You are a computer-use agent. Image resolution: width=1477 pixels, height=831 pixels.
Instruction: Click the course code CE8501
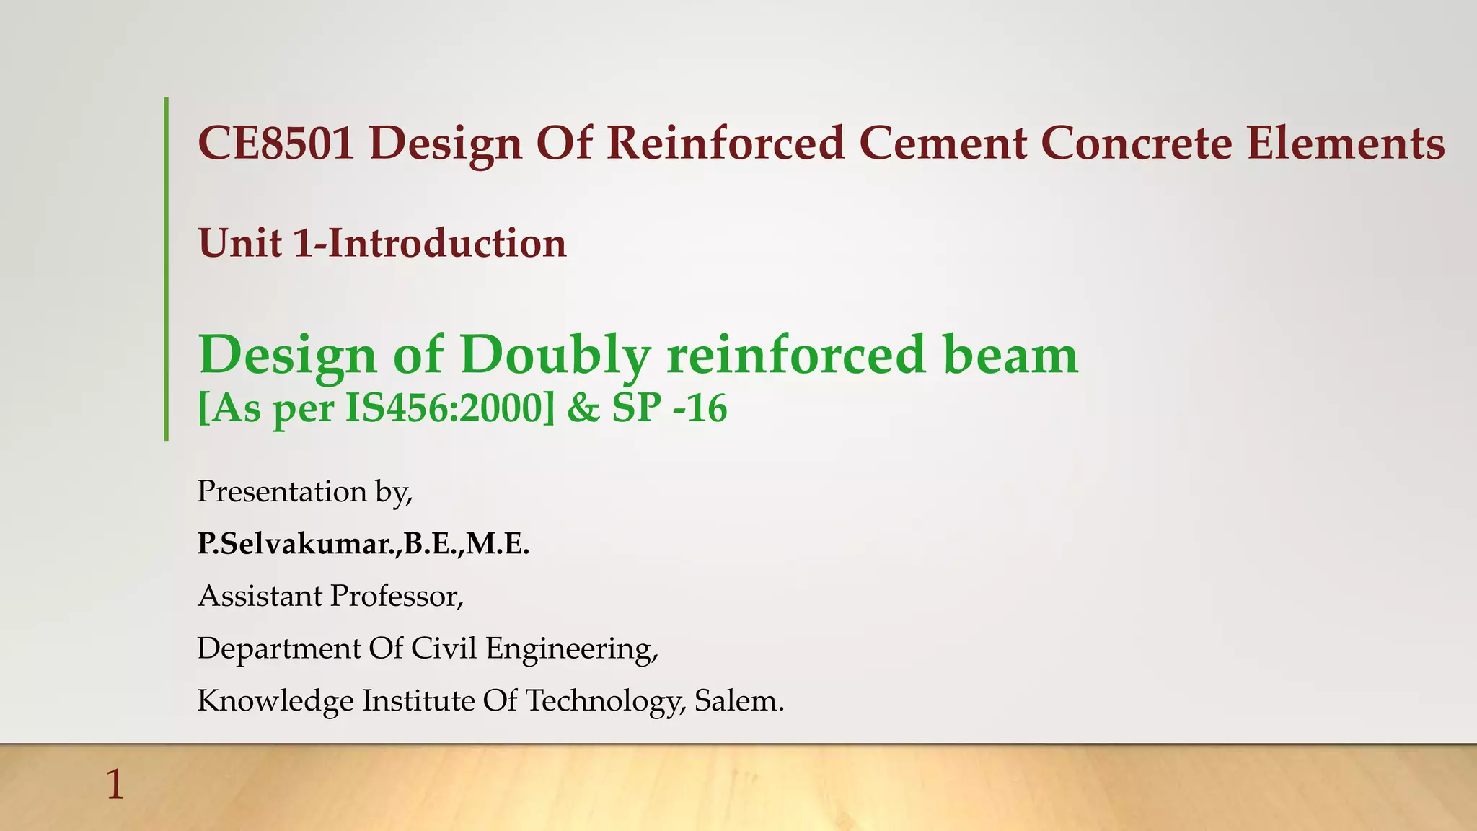click(275, 143)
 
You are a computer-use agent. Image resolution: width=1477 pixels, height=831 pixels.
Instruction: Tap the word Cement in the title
click(942, 143)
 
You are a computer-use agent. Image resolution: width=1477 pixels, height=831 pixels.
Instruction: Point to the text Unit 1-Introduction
click(382, 243)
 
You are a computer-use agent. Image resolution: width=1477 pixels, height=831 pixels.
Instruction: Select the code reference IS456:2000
click(445, 408)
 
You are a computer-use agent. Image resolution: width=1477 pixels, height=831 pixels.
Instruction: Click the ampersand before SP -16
click(583, 408)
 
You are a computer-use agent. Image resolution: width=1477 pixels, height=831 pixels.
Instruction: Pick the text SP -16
click(669, 408)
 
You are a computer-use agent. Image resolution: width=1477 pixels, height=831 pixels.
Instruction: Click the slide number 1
click(115, 785)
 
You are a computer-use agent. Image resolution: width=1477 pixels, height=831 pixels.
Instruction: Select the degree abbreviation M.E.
click(498, 543)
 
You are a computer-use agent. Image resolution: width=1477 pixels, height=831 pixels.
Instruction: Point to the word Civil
click(444, 648)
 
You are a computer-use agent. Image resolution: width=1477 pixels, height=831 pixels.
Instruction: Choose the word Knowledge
click(275, 701)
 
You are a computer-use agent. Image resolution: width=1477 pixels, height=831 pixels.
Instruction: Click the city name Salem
click(738, 701)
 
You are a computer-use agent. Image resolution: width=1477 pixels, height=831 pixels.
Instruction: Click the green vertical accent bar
click(166, 268)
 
